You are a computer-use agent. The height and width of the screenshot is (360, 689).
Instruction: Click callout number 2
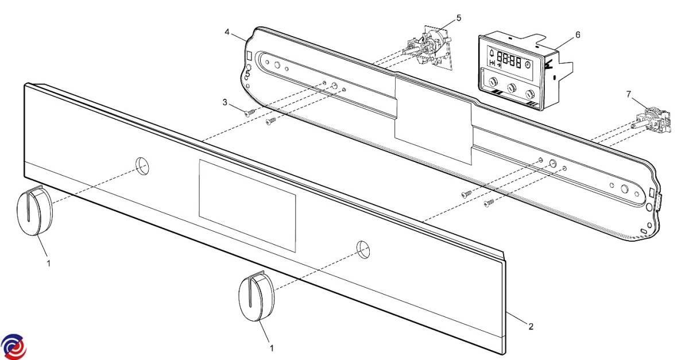click(531, 327)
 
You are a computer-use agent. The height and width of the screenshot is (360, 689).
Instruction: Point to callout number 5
click(458, 18)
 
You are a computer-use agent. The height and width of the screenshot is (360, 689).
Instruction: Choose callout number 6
click(578, 34)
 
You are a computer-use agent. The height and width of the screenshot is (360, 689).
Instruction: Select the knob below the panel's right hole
click(256, 297)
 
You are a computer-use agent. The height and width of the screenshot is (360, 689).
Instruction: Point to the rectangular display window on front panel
click(247, 205)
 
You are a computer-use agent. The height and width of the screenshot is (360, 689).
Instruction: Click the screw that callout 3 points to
click(249, 113)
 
